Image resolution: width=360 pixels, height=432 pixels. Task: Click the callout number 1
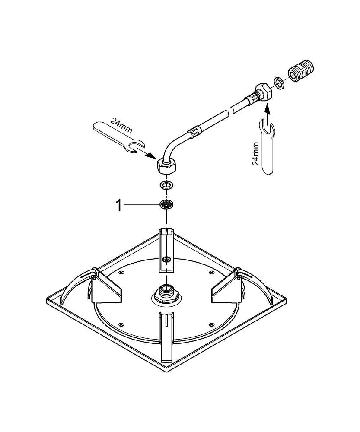tap(119, 206)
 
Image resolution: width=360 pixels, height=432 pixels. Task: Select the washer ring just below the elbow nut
tap(166, 185)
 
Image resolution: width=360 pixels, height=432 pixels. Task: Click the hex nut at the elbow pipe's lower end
tap(166, 165)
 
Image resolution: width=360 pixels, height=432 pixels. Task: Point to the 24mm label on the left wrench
tap(121, 125)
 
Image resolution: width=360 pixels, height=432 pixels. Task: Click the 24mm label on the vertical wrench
tap(256, 154)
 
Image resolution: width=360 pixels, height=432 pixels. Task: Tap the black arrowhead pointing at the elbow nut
tap(150, 156)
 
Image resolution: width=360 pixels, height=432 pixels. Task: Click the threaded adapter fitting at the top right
tap(300, 71)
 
